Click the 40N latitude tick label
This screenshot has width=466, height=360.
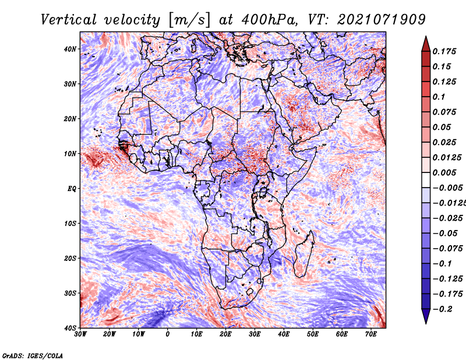point(70,49)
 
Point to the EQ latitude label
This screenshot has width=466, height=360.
point(72,189)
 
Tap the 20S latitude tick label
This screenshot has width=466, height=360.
point(70,258)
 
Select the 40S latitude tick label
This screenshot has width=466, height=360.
point(70,328)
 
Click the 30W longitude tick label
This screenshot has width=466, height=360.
point(80,334)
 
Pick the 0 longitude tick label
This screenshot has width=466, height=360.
point(168,334)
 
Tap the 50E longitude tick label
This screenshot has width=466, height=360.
point(313,334)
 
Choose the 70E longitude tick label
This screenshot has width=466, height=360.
point(371,334)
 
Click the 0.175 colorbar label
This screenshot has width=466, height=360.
point(444,51)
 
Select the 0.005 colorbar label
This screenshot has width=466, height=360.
point(444,172)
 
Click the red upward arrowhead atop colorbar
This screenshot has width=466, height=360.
point(426,44)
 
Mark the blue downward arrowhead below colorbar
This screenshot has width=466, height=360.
point(426,316)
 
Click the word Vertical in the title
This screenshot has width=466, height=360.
point(69,20)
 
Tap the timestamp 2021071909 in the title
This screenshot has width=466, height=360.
point(382,20)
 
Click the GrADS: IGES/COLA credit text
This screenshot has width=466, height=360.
point(33,355)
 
